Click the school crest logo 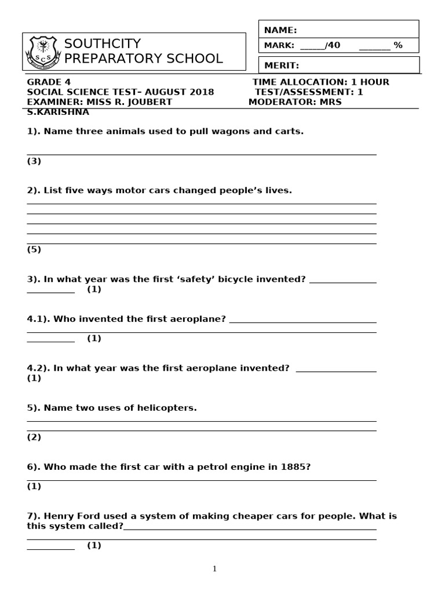(x=42, y=52)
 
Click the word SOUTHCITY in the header (x=103, y=44)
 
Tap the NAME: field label (x=280, y=30)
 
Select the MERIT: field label (x=282, y=66)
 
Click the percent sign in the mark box (x=398, y=45)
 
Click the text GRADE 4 (x=49, y=82)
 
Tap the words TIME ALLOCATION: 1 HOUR (x=321, y=82)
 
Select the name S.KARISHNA (x=58, y=112)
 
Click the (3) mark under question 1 (x=34, y=161)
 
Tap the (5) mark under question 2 (x=34, y=250)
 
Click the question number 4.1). (x=38, y=319)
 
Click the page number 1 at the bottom (x=214, y=569)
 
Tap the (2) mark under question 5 (x=34, y=437)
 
